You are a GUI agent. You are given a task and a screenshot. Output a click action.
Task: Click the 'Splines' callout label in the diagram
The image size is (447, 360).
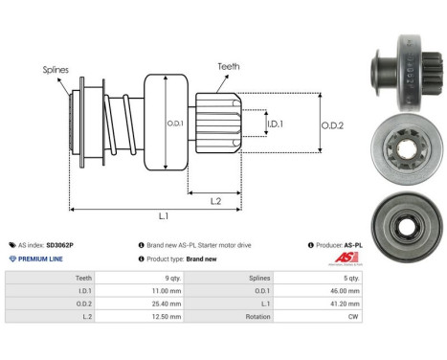point(55,69)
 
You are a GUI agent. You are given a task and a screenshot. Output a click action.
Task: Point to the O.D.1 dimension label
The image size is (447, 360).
point(175,122)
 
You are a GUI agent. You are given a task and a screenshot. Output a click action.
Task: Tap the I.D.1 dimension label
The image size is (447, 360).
point(274,124)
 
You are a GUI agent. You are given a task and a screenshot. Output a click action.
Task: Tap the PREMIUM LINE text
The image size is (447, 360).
point(44,259)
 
